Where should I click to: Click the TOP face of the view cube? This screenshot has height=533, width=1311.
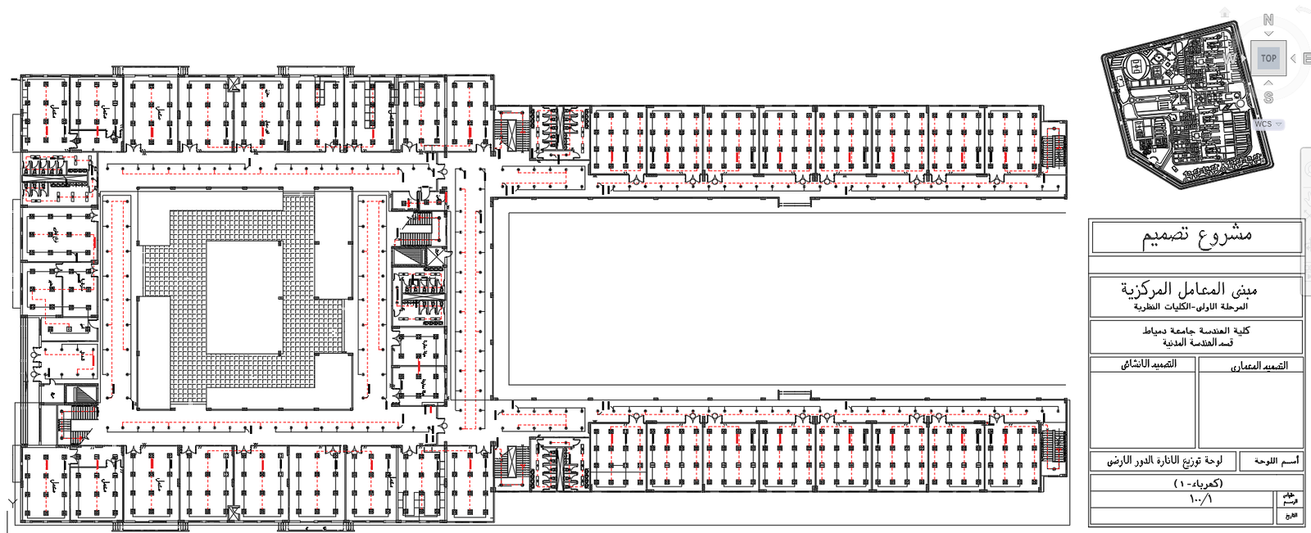[x=1268, y=58]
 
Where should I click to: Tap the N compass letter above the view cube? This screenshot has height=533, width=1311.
[x=1268, y=20]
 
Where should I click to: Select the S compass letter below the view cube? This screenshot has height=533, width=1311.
[x=1268, y=97]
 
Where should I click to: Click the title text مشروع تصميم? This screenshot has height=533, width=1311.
[x=1197, y=236]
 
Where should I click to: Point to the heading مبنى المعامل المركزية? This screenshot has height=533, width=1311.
[x=1189, y=289]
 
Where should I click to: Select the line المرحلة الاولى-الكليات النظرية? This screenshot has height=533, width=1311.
[x=1191, y=306]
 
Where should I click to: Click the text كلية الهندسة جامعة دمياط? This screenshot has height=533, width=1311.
[x=1196, y=330]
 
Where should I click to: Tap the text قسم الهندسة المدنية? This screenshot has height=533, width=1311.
[x=1197, y=342]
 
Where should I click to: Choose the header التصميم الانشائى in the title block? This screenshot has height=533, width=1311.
[x=1149, y=364]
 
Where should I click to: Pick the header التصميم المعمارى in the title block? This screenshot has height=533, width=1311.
[x=1259, y=366]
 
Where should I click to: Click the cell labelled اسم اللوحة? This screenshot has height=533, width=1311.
[x=1276, y=461]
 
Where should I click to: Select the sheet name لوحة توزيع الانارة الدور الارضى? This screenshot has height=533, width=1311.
[x=1164, y=461]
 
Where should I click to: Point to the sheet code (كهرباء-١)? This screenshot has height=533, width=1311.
[x=1197, y=483]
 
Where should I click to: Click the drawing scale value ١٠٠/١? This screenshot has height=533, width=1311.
[x=1200, y=499]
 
